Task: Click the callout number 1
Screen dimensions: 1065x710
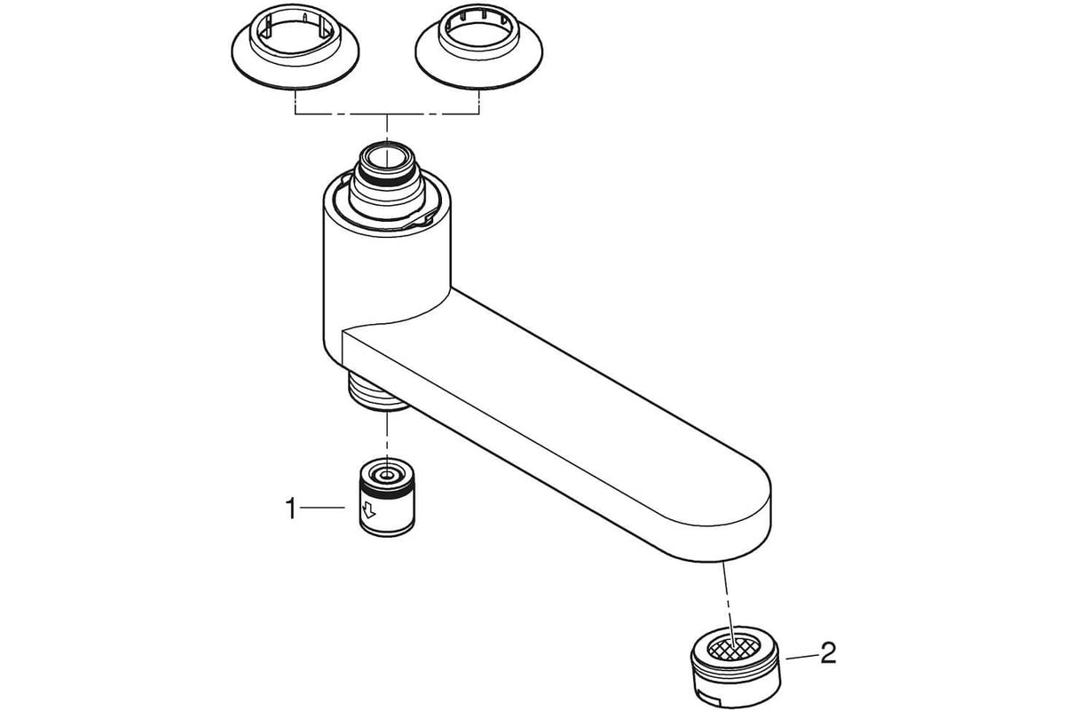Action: coord(291,509)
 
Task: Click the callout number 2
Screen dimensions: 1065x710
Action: coord(828,653)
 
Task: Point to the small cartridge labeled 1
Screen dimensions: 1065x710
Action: coord(387,497)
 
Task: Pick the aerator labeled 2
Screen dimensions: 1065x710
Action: coord(735,667)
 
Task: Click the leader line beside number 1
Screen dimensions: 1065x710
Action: coord(322,509)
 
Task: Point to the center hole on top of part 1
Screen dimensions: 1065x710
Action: coord(388,475)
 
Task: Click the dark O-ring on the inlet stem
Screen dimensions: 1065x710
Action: coord(387,181)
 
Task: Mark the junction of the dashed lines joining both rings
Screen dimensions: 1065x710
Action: coord(387,114)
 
